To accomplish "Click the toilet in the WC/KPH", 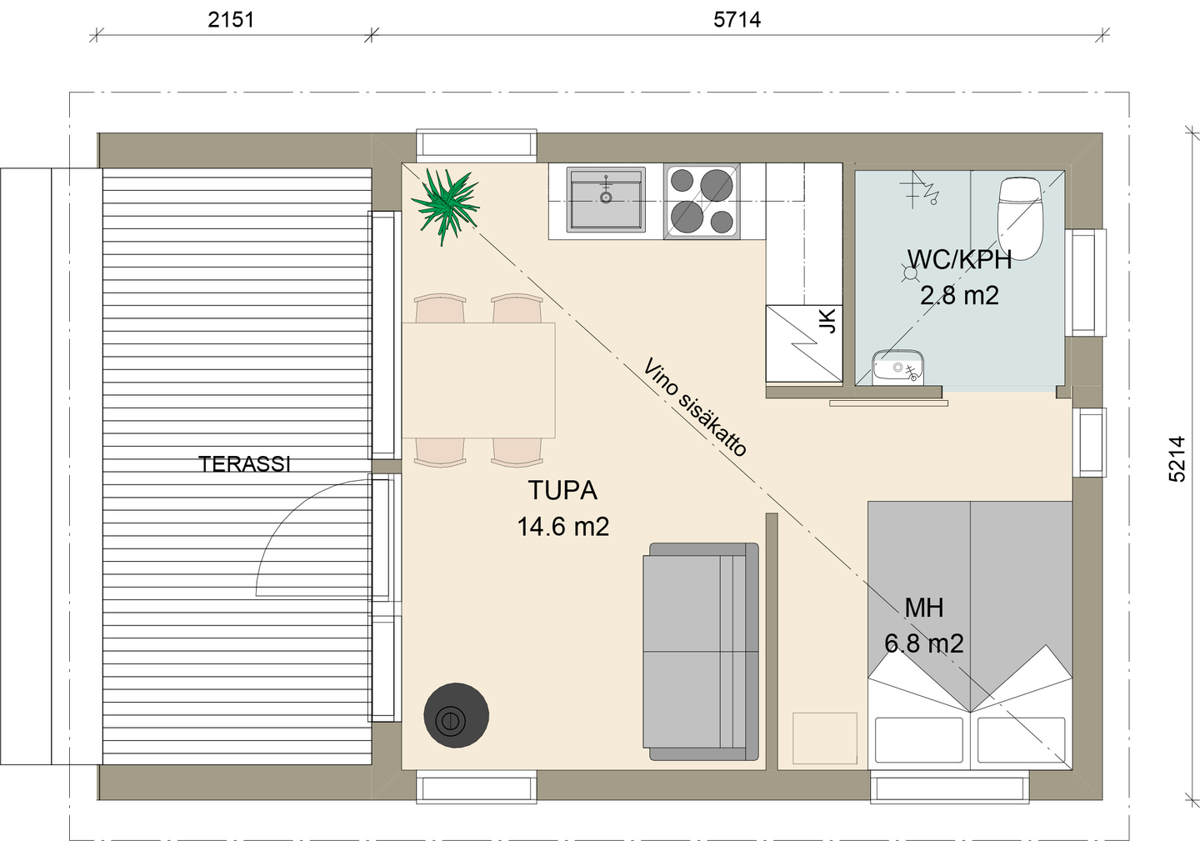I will (x=1021, y=215).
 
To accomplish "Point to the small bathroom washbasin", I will (x=897, y=368).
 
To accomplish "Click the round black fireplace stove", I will (x=456, y=715).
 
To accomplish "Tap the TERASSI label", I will (x=244, y=464).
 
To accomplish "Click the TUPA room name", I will (x=562, y=491).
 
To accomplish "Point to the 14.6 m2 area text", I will (x=562, y=527).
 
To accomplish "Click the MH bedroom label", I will (x=923, y=608).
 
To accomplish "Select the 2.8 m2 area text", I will (x=959, y=296).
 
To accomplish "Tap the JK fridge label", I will (x=827, y=321).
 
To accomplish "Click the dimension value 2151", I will (x=231, y=19).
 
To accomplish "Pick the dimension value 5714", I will (x=737, y=19).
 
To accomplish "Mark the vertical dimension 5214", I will (x=1177, y=459).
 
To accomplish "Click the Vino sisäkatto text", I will (x=695, y=407).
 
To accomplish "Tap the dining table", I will (x=478, y=380).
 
